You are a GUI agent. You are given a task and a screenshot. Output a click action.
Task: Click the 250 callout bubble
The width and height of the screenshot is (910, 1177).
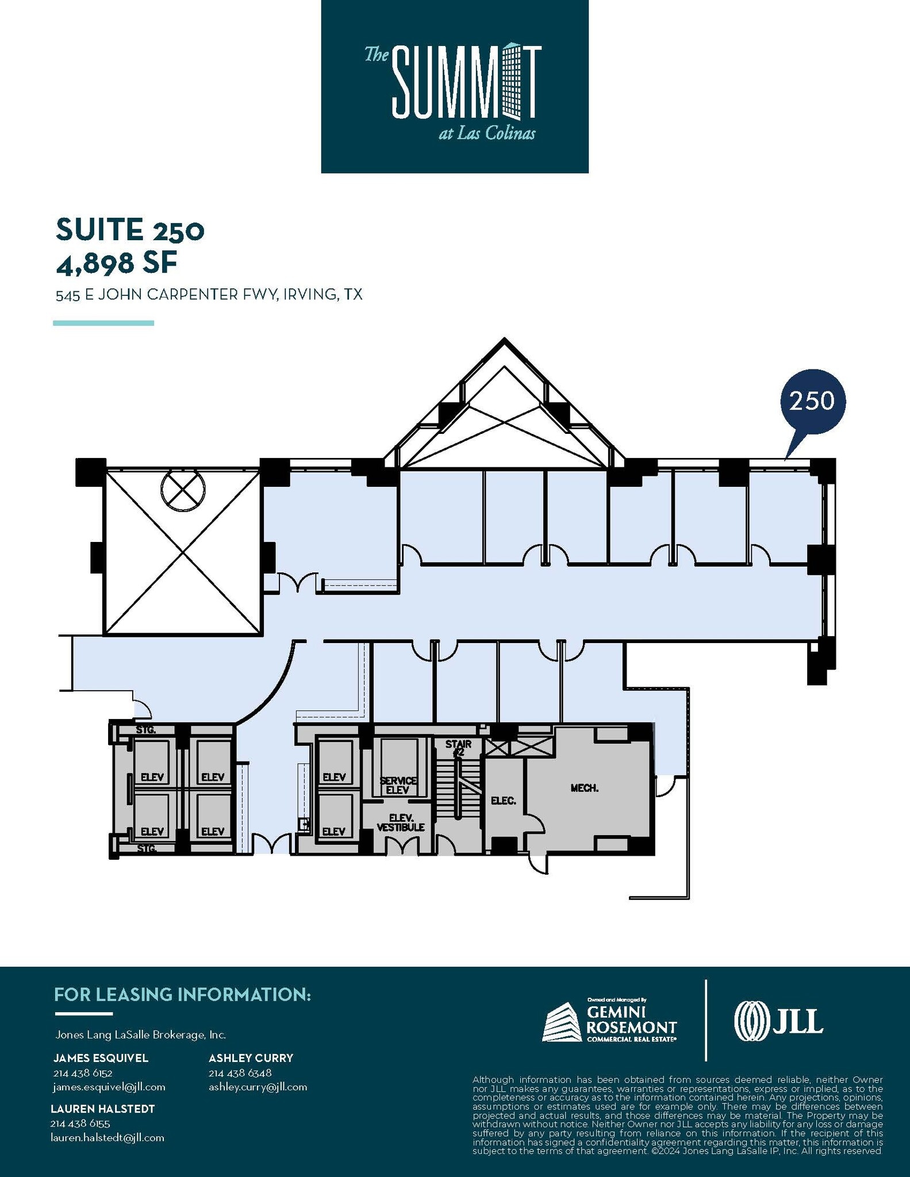pyautogui.click(x=812, y=401)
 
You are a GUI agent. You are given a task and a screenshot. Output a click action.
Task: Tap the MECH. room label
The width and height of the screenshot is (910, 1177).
pyautogui.click(x=584, y=788)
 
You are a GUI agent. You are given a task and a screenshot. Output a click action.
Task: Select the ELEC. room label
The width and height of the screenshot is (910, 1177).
pyautogui.click(x=503, y=800)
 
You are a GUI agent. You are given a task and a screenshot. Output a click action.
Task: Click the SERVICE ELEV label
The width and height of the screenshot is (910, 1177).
pyautogui.click(x=398, y=785)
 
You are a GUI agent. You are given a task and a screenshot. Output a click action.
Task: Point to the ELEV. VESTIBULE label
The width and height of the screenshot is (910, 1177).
pyautogui.click(x=400, y=822)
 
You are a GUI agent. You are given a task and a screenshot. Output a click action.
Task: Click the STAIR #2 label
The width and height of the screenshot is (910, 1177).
pyautogui.click(x=458, y=748)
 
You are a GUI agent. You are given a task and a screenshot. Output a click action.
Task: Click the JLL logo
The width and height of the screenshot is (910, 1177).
pyautogui.click(x=778, y=1021)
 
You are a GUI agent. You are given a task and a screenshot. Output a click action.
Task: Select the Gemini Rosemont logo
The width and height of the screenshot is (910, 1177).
pyautogui.click(x=609, y=1021)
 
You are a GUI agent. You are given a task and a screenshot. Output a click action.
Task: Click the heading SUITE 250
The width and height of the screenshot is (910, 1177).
pyautogui.click(x=130, y=229)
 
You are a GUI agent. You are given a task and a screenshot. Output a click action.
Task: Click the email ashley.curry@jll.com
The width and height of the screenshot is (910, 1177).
pyautogui.click(x=258, y=1087)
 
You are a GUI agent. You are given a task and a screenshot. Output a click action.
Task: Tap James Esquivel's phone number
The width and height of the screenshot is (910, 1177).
pyautogui.click(x=83, y=1073)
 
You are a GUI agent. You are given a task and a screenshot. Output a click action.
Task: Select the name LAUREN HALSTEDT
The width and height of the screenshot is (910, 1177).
pyautogui.click(x=103, y=1109)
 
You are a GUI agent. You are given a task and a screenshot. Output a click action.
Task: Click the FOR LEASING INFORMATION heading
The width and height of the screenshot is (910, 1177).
pyautogui.click(x=182, y=995)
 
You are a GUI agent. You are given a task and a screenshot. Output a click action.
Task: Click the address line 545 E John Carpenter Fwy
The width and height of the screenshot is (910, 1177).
pyautogui.click(x=209, y=295)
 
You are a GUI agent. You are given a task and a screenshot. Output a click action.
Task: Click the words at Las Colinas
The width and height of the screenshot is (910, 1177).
pyautogui.click(x=486, y=134)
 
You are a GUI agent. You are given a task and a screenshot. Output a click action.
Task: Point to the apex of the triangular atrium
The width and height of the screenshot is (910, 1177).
pyautogui.click(x=504, y=341)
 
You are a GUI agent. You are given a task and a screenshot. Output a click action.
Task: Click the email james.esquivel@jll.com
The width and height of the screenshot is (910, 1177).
pyautogui.click(x=109, y=1087)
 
